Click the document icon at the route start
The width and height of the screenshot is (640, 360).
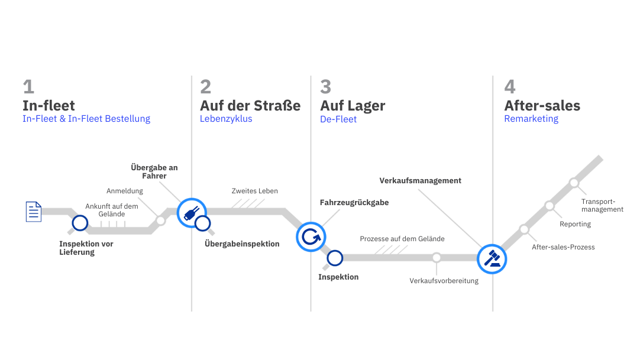pyautogui.click(x=32, y=212)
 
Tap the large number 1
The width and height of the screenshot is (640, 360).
pyautogui.click(x=28, y=87)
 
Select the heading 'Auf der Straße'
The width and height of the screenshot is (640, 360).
pyautogui.click(x=250, y=106)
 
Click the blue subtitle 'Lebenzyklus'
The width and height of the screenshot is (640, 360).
pyautogui.click(x=226, y=119)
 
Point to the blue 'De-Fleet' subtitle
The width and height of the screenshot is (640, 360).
pyautogui.click(x=338, y=119)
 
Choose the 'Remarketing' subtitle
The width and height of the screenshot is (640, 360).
pyautogui.click(x=531, y=119)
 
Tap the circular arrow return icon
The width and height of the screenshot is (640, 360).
pyautogui.click(x=310, y=237)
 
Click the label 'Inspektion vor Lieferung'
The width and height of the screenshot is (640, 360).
pyautogui.click(x=86, y=248)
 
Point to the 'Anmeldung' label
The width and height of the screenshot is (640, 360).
pyautogui.click(x=124, y=192)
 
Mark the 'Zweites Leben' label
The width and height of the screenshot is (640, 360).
pyautogui.click(x=255, y=191)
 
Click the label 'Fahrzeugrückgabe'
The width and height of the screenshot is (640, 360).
pyautogui.click(x=354, y=202)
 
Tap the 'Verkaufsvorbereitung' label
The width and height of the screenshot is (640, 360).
pyautogui.click(x=444, y=281)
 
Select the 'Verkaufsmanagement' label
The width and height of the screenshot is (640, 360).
pyautogui.click(x=420, y=180)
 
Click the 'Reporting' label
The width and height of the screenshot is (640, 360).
pyautogui.click(x=575, y=224)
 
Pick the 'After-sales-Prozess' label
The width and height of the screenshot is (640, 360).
pyautogui.click(x=563, y=247)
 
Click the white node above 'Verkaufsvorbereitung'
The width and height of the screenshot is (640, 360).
pyautogui.click(x=437, y=258)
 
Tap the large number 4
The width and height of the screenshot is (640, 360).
pyautogui.click(x=510, y=87)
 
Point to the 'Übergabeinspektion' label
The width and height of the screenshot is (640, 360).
pyautogui.click(x=241, y=244)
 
